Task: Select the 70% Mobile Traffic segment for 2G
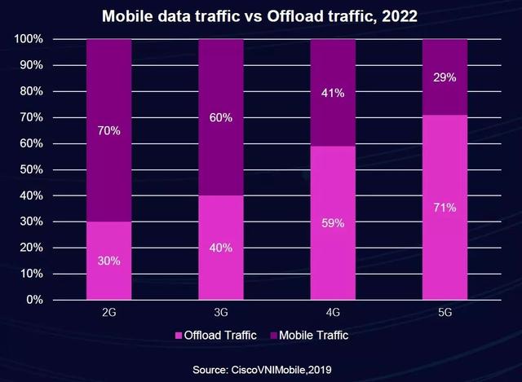[x=108, y=130]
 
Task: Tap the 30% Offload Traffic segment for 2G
[x=108, y=261]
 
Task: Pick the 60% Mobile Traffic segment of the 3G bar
[x=221, y=117]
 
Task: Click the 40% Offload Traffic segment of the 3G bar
[x=221, y=248]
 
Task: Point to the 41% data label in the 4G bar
[x=333, y=94]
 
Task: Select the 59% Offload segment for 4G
[x=333, y=222]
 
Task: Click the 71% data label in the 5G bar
[x=445, y=208]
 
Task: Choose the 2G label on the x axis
[x=108, y=313]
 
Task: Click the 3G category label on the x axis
[x=221, y=313]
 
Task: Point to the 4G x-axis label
[x=333, y=313]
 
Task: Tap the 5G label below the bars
[x=445, y=313]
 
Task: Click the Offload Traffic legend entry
[x=215, y=335]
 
